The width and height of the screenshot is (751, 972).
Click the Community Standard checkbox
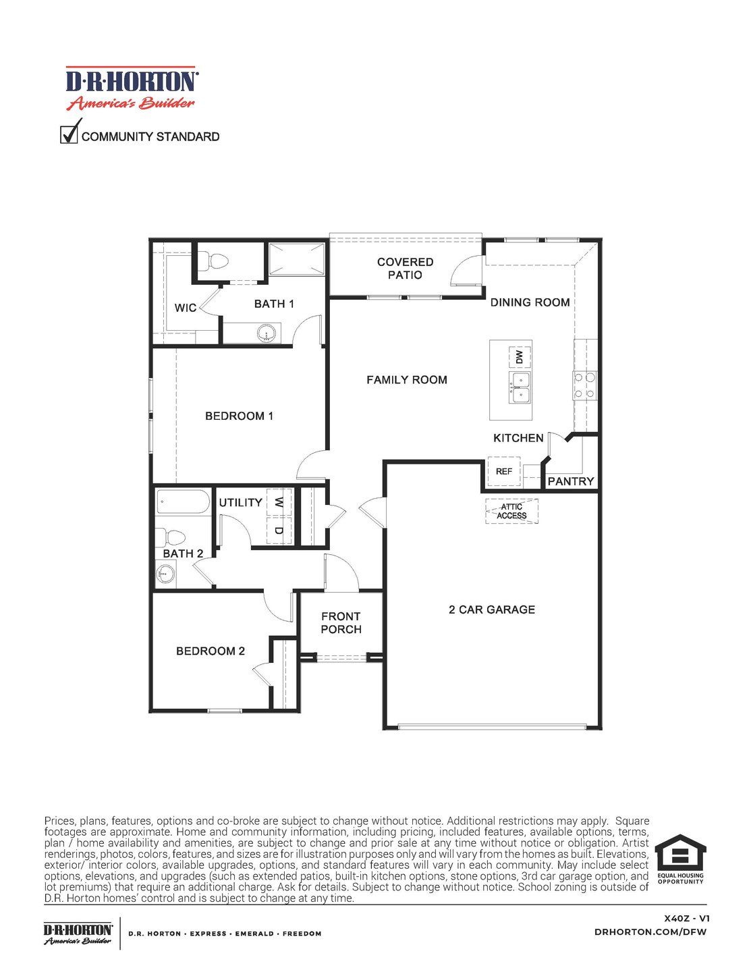[x=69, y=134]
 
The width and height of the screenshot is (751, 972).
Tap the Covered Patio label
[x=405, y=268]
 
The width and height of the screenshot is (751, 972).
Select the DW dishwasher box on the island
[x=519, y=356]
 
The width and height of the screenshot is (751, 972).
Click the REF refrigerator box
[x=504, y=471]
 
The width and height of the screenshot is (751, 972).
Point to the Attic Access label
[x=511, y=511]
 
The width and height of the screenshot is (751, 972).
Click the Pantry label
[x=570, y=481]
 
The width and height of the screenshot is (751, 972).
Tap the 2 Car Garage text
[x=491, y=610]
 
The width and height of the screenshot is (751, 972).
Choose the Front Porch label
[x=341, y=622]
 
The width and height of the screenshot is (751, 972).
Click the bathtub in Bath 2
[x=183, y=502]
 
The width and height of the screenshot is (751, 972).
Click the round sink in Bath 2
[x=165, y=574]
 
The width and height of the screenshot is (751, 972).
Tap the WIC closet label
[x=185, y=308]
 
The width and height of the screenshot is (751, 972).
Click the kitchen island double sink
[x=520, y=387]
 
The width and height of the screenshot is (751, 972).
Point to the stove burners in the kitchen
[x=584, y=385]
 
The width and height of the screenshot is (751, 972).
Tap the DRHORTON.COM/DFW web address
[x=651, y=932]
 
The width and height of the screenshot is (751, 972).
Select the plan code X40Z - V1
[x=686, y=918]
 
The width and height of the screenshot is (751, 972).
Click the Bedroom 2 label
[x=210, y=651]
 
